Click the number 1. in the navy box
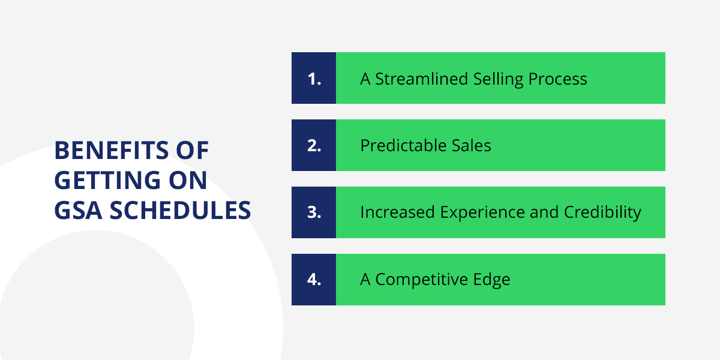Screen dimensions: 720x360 coord(314,79)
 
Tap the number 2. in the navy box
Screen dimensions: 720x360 coord(314,146)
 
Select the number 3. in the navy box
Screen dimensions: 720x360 coord(314,212)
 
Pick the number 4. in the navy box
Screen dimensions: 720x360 coord(314,280)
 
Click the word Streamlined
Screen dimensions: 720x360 coord(421,79)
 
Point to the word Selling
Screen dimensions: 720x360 coord(498,80)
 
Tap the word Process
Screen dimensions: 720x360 coord(557,79)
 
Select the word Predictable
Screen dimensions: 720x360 coord(403,145)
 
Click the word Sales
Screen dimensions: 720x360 coord(471,146)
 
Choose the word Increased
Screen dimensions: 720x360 coord(398,212)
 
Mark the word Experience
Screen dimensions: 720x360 coord(482,213)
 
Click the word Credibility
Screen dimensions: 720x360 coord(602,213)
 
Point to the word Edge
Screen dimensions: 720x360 coord(491,280)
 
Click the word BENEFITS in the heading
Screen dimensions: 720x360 coord(111,151)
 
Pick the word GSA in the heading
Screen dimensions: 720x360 coord(79,211)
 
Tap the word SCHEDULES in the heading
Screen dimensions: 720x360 coord(180,211)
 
